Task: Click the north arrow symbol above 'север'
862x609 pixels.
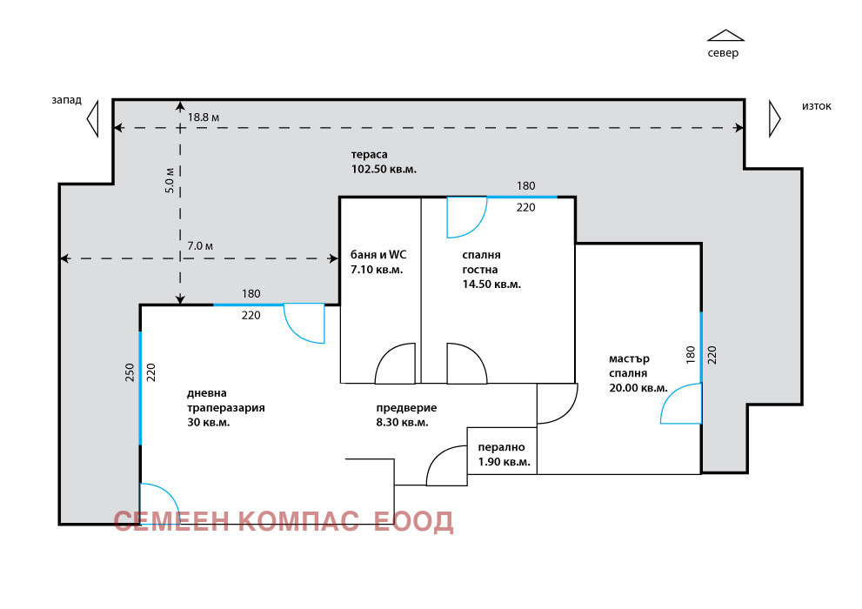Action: click(725, 36)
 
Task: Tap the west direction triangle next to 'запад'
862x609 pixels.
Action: click(93, 117)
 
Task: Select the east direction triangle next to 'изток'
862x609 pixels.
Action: click(774, 117)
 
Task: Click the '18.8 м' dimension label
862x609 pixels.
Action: click(204, 117)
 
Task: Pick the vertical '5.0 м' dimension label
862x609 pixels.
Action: click(170, 179)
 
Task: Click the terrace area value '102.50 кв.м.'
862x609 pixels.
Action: click(384, 170)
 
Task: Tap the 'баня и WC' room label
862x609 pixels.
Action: click(378, 255)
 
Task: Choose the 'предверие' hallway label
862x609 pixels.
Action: click(406, 407)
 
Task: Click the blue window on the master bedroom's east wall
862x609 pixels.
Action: click(701, 346)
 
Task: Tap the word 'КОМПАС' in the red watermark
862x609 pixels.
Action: click(298, 521)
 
